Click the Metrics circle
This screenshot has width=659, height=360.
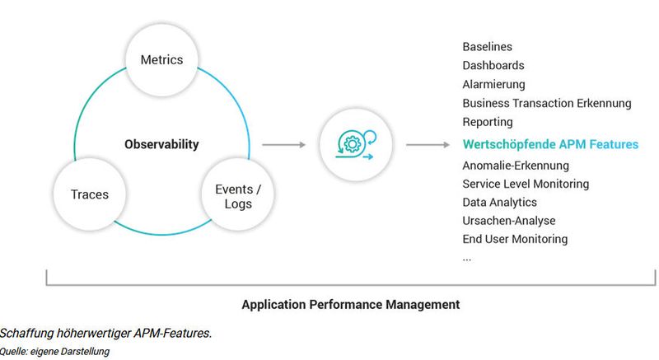pyautogui.click(x=161, y=60)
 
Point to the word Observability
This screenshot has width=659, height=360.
pyautogui.click(x=161, y=144)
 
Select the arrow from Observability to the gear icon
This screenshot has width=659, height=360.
pyautogui.click(x=283, y=145)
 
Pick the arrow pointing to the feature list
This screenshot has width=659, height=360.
pyautogui.click(x=427, y=145)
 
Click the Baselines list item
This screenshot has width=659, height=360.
pyautogui.click(x=487, y=47)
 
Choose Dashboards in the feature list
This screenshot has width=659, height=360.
pyautogui.click(x=493, y=65)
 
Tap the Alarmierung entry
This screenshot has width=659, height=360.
pyautogui.click(x=493, y=84)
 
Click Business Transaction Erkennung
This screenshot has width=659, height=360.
pyautogui.click(x=547, y=103)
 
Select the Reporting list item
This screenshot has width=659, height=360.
pyautogui.click(x=488, y=122)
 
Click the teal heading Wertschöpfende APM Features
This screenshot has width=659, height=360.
pyautogui.click(x=550, y=144)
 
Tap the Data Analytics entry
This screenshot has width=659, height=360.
pyautogui.click(x=499, y=202)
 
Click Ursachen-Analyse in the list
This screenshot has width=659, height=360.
pyautogui.click(x=508, y=220)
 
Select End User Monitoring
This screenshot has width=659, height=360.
pyautogui.click(x=515, y=239)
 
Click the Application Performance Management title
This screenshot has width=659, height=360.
pyautogui.click(x=350, y=304)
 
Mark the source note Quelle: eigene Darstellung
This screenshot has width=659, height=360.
pyautogui.click(x=55, y=352)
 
